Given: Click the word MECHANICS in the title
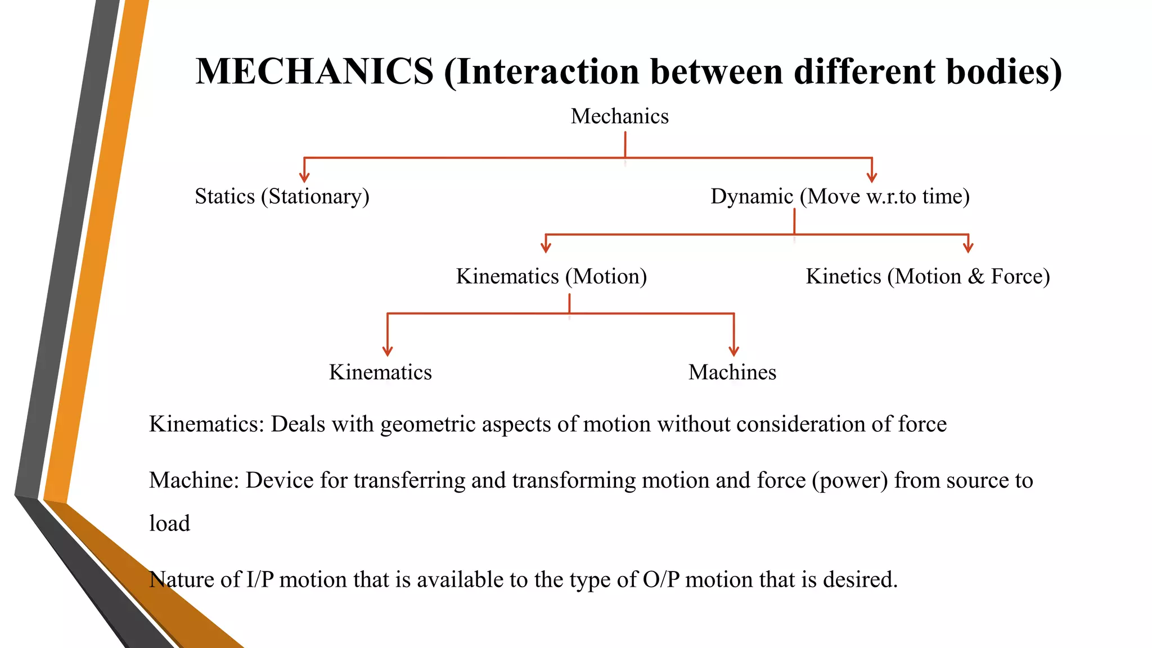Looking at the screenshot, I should pyautogui.click(x=314, y=72).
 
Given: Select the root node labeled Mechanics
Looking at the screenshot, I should pyautogui.click(x=619, y=116).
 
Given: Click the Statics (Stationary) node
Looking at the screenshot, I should pyautogui.click(x=282, y=196).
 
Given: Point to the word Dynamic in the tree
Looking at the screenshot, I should pyautogui.click(x=751, y=196).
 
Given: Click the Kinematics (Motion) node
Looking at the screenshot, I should pyautogui.click(x=551, y=276).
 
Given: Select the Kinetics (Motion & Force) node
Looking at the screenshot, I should pyautogui.click(x=928, y=276).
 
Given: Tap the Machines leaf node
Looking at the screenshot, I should pyautogui.click(x=732, y=372).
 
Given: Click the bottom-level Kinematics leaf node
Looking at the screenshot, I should pyautogui.click(x=380, y=372).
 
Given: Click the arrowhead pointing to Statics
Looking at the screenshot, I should pyautogui.click(x=304, y=178).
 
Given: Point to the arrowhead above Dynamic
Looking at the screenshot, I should pyautogui.click(x=872, y=178).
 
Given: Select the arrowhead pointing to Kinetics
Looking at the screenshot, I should pyautogui.click(x=968, y=248).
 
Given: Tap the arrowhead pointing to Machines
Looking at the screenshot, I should pyautogui.click(x=733, y=352).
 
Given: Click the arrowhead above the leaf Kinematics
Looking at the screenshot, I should pyautogui.click(x=388, y=352).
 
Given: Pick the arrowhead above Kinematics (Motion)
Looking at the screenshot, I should pyautogui.click(x=546, y=248).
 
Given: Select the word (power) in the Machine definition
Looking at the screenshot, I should pyautogui.click(x=849, y=481).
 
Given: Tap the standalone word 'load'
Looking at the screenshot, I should pyautogui.click(x=169, y=524).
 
